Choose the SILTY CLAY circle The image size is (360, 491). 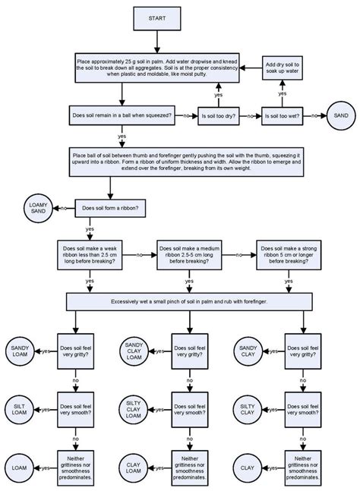coord(246,409)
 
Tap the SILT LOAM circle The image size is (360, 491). coord(19,409)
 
